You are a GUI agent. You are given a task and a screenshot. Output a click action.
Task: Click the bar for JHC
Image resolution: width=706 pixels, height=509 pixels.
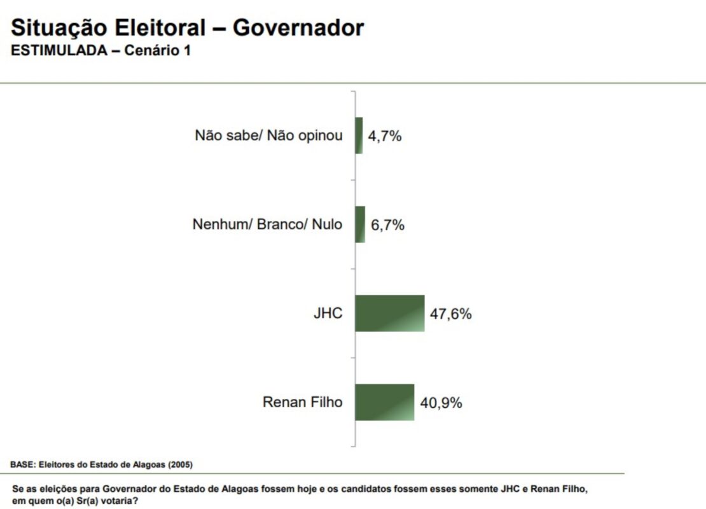pyautogui.click(x=389, y=314)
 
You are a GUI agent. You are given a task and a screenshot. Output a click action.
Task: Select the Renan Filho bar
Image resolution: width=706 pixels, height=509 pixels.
pyautogui.click(x=384, y=402)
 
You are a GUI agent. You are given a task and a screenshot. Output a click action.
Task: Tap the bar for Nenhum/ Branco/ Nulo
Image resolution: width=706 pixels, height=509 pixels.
pyautogui.click(x=360, y=225)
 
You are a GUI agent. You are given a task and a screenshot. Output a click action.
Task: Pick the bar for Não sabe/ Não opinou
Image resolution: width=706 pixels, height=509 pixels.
pyautogui.click(x=359, y=136)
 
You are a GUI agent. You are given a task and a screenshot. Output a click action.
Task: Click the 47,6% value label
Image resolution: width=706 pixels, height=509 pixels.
pyautogui.click(x=451, y=314)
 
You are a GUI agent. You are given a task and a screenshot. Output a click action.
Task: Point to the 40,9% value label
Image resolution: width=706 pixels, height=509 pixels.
pyautogui.click(x=441, y=403)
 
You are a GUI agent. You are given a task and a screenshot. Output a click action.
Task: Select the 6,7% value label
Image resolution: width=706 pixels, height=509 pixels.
pyautogui.click(x=388, y=225)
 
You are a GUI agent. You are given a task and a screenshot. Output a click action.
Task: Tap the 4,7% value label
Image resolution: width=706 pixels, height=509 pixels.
pyautogui.click(x=385, y=136)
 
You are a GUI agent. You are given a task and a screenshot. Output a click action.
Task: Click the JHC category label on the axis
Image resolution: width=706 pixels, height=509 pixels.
pyautogui.click(x=328, y=314)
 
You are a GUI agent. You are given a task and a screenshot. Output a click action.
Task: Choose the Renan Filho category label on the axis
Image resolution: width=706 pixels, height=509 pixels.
pyautogui.click(x=302, y=402)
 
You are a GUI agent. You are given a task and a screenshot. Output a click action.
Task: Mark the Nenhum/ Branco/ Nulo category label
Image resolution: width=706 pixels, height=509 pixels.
pyautogui.click(x=267, y=225)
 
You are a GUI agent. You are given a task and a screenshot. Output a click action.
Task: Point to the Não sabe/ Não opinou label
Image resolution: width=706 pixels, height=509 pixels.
pyautogui.click(x=268, y=136)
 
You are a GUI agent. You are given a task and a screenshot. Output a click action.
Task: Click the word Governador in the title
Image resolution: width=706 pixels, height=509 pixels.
pyautogui.click(x=298, y=28)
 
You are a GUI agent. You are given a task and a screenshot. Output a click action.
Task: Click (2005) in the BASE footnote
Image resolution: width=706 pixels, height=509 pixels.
pyautogui.click(x=179, y=464)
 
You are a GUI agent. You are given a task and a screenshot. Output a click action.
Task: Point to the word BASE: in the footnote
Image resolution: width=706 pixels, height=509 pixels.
pyautogui.click(x=23, y=464)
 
